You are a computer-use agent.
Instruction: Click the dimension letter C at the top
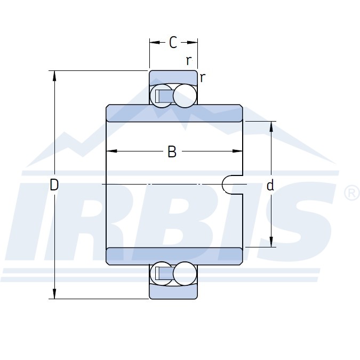click(173, 42)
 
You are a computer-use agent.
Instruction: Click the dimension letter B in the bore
click(172, 151)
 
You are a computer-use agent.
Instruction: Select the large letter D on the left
click(54, 185)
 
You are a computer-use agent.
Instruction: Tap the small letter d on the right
click(270, 185)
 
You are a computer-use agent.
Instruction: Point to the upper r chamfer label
click(188, 60)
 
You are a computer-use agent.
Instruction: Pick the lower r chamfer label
click(202, 78)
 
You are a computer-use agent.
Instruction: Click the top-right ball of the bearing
click(185, 96)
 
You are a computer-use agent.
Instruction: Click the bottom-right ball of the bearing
click(185, 274)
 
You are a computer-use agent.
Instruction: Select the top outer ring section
click(173, 78)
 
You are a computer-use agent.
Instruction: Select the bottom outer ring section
click(173, 292)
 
